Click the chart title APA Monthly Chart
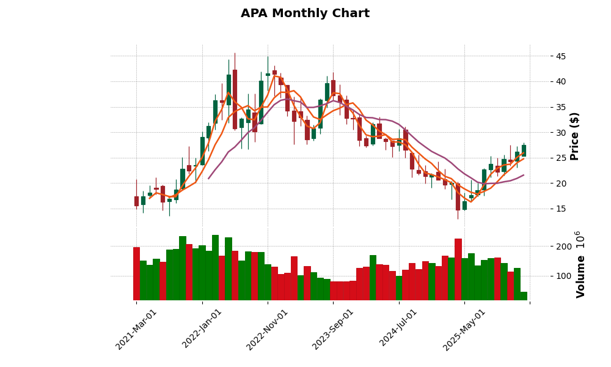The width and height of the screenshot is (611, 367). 305,13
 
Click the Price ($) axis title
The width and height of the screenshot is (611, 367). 574,136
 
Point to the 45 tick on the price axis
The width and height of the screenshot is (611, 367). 560,56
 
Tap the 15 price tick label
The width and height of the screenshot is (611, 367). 560,209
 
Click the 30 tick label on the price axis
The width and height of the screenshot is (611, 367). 560,133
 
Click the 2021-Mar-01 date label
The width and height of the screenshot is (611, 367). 137,329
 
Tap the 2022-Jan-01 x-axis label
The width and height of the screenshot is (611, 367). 203,329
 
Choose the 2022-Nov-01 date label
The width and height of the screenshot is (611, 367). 268,329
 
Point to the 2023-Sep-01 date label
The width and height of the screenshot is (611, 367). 334,329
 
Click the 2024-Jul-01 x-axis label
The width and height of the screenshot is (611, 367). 399,329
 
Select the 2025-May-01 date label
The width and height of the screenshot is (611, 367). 464,329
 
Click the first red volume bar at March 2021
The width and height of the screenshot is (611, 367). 136,273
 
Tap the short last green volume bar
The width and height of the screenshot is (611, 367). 524,296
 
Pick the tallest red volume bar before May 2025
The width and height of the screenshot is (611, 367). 458,269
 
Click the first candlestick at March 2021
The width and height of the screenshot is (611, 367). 136,201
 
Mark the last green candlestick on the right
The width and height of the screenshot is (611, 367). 524,150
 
